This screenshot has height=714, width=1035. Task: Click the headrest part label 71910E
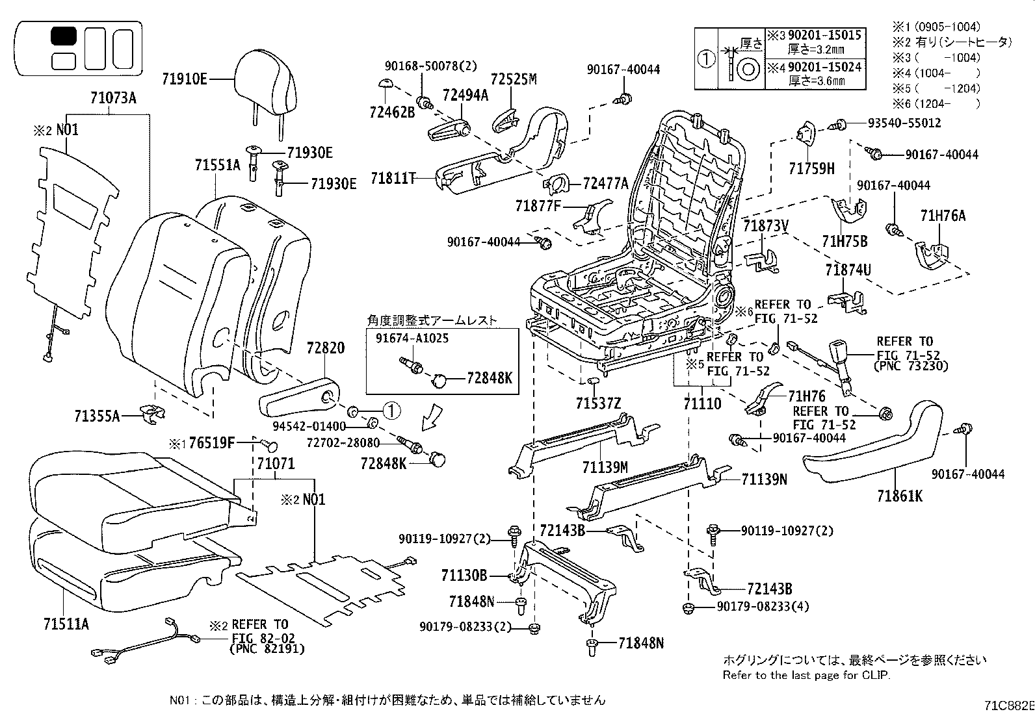(x=185, y=79)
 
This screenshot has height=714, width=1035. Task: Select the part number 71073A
(x=113, y=98)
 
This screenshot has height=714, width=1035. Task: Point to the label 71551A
(x=218, y=165)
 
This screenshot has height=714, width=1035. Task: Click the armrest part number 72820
(x=325, y=348)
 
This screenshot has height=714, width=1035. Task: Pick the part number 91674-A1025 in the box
(x=412, y=338)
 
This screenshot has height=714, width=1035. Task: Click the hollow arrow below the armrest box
(x=432, y=417)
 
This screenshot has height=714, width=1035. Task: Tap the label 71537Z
(x=598, y=403)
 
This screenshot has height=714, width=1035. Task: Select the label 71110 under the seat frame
(x=702, y=403)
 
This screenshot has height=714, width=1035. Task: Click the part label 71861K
(x=900, y=496)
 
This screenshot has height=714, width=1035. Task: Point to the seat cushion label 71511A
(x=66, y=624)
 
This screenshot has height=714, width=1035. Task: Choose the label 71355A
(x=97, y=416)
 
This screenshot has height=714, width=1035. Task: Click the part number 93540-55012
(x=904, y=123)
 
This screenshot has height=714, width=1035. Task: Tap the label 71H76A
(x=943, y=216)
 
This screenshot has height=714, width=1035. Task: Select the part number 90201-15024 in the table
(x=824, y=68)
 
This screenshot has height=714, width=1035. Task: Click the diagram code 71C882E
(x=1009, y=706)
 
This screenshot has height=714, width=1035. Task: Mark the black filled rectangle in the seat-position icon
(x=63, y=36)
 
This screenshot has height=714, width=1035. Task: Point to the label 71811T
(x=393, y=178)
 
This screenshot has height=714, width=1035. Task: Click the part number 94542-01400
(x=309, y=426)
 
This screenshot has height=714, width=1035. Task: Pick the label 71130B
(x=464, y=576)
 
